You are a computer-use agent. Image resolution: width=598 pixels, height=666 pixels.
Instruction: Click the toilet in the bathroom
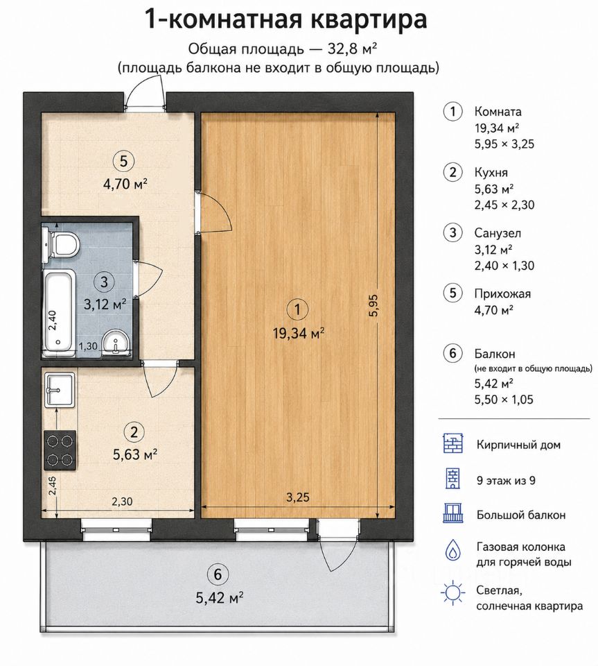(61, 245)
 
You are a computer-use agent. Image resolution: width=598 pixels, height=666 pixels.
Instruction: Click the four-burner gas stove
(60, 450)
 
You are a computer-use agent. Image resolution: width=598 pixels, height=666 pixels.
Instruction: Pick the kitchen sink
(60, 389)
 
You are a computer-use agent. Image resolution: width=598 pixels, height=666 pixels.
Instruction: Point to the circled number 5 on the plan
(123, 162)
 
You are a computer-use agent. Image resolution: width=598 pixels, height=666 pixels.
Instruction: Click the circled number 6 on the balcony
(218, 574)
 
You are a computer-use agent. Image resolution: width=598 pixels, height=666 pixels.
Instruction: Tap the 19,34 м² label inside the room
(299, 334)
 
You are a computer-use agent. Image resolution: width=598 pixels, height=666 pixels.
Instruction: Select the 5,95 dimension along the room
(373, 305)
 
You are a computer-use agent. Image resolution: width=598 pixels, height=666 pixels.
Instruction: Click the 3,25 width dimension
(298, 497)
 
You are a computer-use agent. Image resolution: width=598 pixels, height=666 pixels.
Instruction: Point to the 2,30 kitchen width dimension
(122, 501)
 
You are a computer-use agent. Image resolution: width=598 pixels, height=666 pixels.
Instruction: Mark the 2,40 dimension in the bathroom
(52, 321)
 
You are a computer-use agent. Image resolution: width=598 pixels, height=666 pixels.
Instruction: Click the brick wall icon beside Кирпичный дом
(453, 443)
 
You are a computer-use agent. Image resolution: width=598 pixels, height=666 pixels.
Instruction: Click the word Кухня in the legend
(491, 173)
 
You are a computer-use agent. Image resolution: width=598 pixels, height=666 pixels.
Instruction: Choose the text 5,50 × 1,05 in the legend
(504, 400)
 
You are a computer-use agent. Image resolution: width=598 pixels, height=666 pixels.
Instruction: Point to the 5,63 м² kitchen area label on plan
(135, 454)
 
